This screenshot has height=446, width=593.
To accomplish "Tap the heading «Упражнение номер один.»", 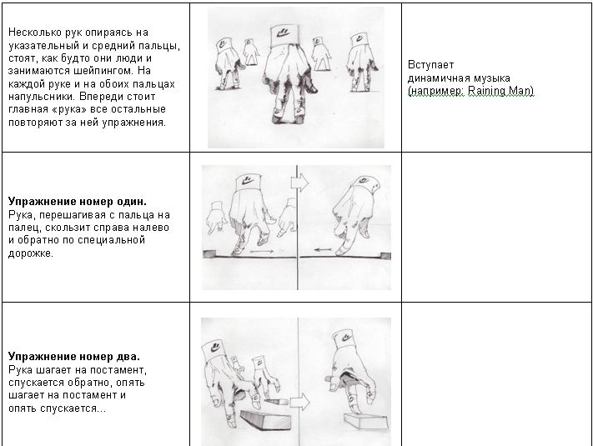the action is (78, 201).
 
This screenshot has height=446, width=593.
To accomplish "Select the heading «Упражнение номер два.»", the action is (74, 357).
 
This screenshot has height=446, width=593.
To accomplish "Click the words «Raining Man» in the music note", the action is (500, 91).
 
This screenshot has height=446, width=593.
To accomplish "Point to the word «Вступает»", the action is (430, 65).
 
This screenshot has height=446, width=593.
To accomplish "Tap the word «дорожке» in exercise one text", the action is (30, 253).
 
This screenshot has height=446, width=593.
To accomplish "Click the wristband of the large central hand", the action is (284, 36).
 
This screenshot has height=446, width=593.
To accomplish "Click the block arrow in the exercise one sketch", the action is (300, 183).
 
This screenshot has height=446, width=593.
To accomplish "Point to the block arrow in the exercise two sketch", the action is (300, 402).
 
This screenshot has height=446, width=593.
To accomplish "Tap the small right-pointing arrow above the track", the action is (262, 251).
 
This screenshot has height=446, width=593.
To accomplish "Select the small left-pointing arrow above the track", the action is (323, 249).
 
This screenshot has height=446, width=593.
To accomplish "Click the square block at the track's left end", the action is (209, 253).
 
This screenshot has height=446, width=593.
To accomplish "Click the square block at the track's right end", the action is (385, 256).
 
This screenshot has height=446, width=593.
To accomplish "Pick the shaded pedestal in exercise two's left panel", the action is (266, 421).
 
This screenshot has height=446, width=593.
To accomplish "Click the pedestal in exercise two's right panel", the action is (366, 422).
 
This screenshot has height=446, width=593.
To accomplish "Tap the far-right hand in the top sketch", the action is (361, 63).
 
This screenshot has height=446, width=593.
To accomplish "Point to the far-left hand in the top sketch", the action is (228, 64).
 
